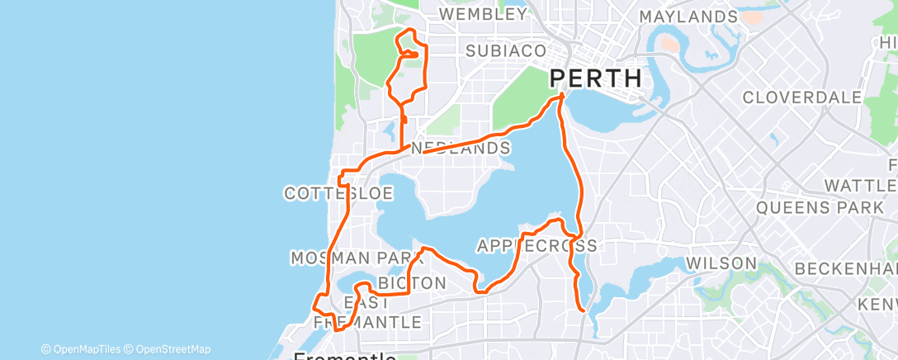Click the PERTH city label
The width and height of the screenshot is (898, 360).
tap(596, 79)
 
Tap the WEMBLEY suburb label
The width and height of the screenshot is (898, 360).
tap(483, 15)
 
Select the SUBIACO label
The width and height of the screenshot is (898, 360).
tap(506, 51)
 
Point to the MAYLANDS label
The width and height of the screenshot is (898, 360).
tap(688, 17)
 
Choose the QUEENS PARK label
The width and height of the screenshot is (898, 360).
tap(820, 207)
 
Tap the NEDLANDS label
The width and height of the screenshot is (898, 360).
tap(461, 149)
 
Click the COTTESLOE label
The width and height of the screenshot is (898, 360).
tap(338, 193)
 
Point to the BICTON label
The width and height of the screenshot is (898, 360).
tap(412, 284)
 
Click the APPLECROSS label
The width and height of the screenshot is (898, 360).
tap(536, 246)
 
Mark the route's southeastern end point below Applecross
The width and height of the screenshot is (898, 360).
tap(584, 310)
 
